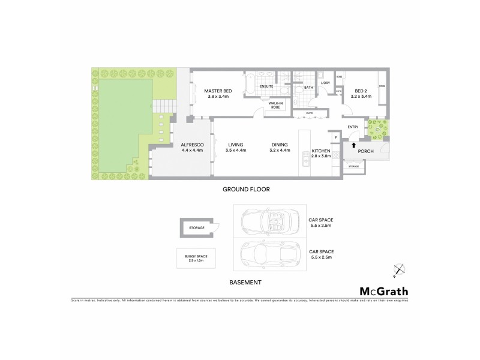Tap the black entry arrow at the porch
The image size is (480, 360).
[x=353, y=145]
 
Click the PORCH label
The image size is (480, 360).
[x=366, y=151]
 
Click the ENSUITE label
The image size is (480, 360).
[x=267, y=86]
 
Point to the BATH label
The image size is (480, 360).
[x=308, y=88]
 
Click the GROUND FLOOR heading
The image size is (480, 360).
[x=246, y=189]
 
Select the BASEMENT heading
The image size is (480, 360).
[x=246, y=281]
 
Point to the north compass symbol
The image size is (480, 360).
[x=398, y=271]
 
